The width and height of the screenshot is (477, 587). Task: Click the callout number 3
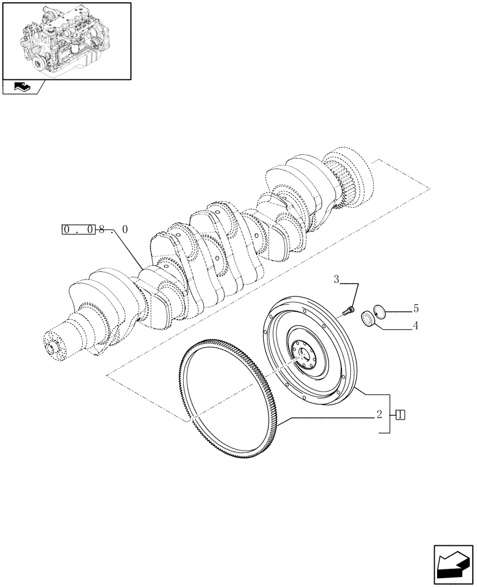[x=337, y=280]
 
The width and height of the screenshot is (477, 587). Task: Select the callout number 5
[x=415, y=308]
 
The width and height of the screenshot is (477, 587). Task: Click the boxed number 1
[x=400, y=415]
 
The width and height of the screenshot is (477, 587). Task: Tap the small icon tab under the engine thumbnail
[x=22, y=87]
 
